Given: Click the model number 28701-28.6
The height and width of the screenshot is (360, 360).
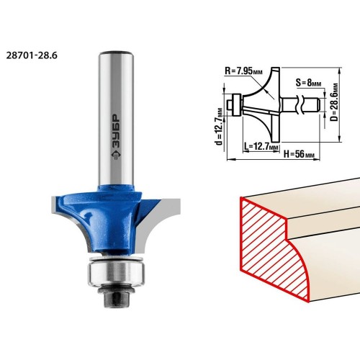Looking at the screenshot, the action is [32, 55].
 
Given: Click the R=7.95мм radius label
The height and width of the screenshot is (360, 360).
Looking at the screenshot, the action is [243, 71].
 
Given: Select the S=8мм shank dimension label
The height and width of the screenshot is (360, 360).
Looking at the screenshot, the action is [308, 83].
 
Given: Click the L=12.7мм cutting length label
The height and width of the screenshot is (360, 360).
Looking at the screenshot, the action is [261, 146].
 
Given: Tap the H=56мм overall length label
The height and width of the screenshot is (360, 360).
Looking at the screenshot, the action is [299, 154].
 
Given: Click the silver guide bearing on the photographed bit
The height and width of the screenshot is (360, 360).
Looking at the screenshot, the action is [116, 272].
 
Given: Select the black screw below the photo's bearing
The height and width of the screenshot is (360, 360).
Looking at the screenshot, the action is [116, 296].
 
